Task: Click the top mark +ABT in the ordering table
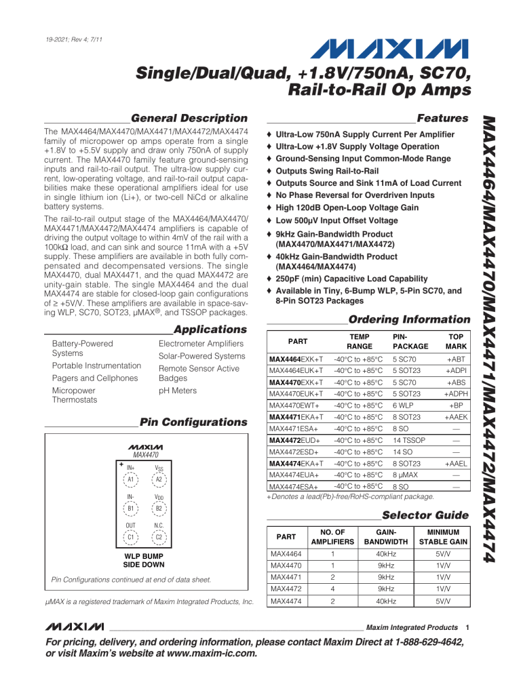click(x=456, y=359)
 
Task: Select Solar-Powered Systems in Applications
click(x=201, y=356)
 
